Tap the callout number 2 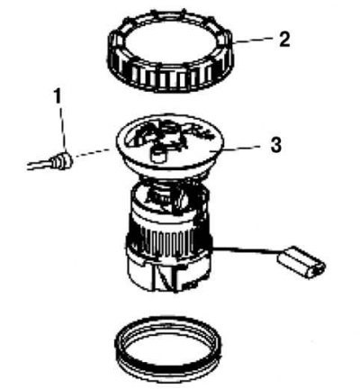(x=284, y=40)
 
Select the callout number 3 (x=275, y=145)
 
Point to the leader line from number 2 (x=252, y=41)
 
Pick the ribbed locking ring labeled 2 (x=170, y=50)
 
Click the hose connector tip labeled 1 (x=62, y=161)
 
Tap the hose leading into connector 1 (x=40, y=164)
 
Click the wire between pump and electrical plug (x=246, y=249)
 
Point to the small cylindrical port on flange (x=157, y=155)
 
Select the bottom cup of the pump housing (x=168, y=275)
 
